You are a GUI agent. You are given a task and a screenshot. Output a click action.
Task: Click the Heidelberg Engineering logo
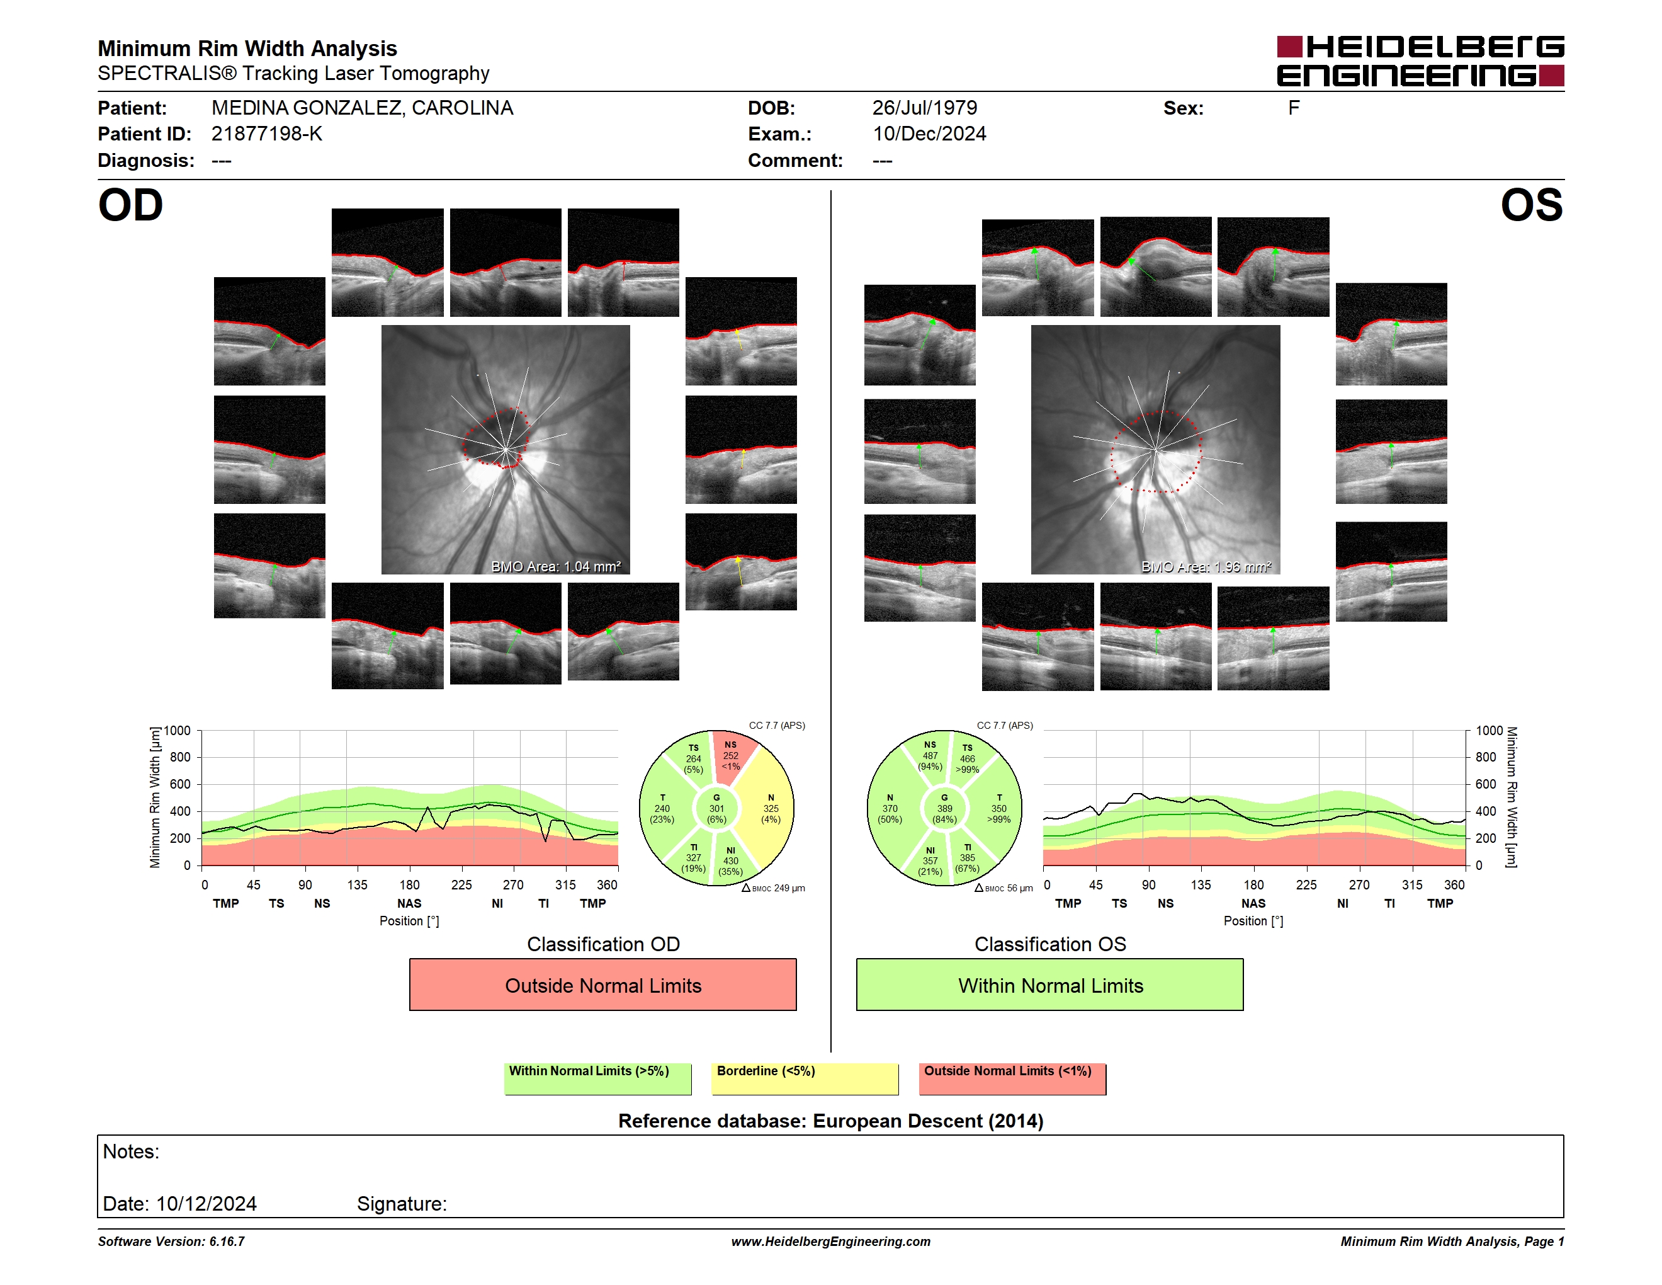point(1420,61)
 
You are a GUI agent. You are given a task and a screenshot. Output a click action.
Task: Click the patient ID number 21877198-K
point(266,134)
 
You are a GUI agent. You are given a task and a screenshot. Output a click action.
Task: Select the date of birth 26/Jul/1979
point(925,108)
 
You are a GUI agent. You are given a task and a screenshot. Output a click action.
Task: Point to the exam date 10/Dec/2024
point(929,134)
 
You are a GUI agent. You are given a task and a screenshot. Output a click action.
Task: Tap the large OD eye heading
point(130,205)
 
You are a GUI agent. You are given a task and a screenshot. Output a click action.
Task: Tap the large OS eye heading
point(1531,205)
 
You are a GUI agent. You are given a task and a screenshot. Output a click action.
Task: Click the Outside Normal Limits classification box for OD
point(602,985)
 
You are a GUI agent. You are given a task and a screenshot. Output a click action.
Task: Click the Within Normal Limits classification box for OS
point(1050,985)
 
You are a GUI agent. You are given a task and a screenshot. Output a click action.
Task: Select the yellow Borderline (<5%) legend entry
point(805,1078)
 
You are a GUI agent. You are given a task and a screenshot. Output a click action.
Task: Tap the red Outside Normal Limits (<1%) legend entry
point(1012,1078)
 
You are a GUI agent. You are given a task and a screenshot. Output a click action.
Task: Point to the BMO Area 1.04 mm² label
point(555,566)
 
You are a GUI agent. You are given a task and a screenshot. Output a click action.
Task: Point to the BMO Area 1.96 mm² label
point(1206,566)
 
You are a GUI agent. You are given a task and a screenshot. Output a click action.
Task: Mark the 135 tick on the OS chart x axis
point(1201,884)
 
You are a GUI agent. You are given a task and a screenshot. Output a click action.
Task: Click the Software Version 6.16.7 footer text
point(171,1242)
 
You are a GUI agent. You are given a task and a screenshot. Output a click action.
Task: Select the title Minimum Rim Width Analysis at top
point(247,49)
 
